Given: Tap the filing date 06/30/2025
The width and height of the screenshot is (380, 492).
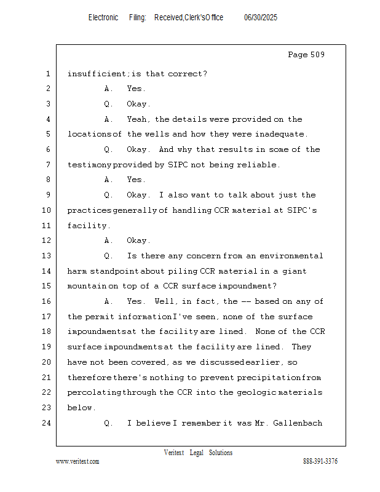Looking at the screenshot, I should tap(261, 18).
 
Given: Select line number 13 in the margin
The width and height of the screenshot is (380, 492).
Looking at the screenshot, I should tap(47, 256).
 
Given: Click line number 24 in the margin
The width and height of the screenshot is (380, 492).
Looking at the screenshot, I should tap(47, 423).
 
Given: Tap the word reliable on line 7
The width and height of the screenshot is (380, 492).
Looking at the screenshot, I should tap(259, 165).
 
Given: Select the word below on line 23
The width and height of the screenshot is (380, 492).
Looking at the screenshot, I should tap(81, 408).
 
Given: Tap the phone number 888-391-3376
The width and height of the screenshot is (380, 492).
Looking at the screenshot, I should tap(320, 462).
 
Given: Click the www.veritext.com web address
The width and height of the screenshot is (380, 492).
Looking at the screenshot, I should tap(77, 462).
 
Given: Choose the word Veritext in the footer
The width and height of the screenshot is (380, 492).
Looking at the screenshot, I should tap(174, 453).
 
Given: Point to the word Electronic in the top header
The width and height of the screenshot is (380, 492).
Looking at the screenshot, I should tap(103, 18).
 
